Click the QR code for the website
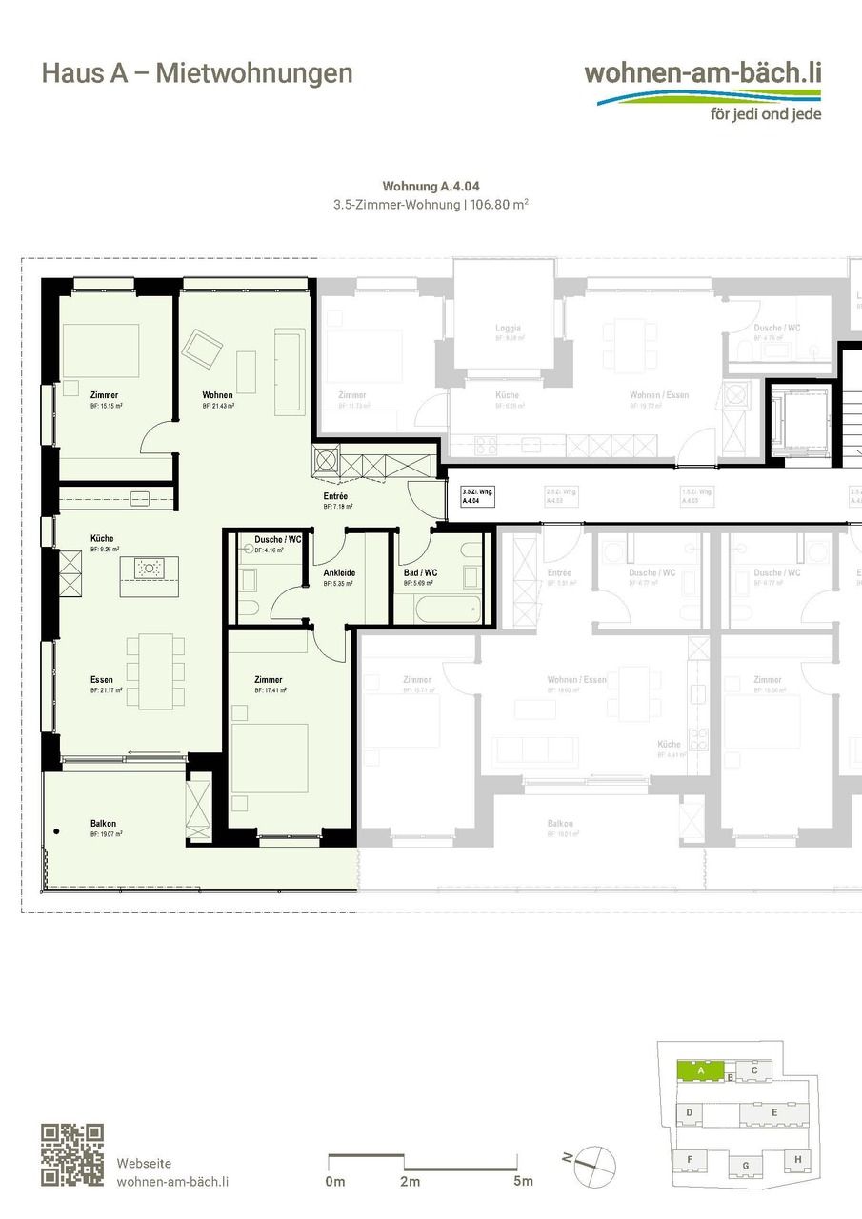pos(71,1155)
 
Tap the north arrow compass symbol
pos(593,1166)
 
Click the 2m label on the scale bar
pos(410,1182)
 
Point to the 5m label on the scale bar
pos(523,1182)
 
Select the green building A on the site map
pos(700,1070)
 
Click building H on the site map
pos(797,1159)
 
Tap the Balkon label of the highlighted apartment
pos(103,824)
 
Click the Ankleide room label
pos(339,573)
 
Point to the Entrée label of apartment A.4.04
pos(335,497)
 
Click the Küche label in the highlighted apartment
pos(102,539)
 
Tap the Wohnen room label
pos(217,395)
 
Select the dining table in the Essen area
pos(150,671)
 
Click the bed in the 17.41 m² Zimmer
pos(270,757)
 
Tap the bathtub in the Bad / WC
pos(436,608)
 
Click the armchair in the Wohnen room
pos(202,350)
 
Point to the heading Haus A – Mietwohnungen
pos(197,73)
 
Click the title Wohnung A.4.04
pos(431,187)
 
